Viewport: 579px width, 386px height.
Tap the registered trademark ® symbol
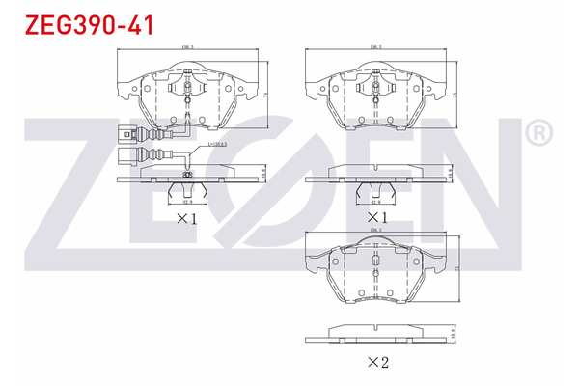(x=539, y=131)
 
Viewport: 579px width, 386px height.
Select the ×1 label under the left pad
(x=185, y=219)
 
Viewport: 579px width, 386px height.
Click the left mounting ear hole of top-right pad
(x=313, y=94)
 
